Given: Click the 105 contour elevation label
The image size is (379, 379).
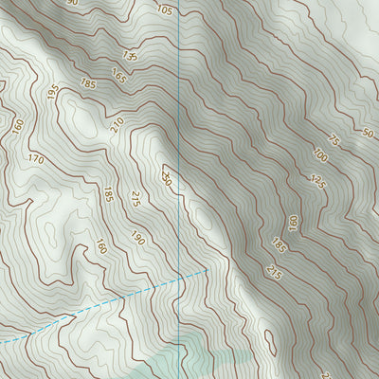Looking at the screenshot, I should [x=164, y=10].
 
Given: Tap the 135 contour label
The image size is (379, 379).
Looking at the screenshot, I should [x=131, y=57].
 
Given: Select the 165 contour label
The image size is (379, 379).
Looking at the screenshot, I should [x=118, y=75].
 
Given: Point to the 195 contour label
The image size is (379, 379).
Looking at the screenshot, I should [x=53, y=94].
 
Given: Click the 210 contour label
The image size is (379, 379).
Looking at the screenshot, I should [x=117, y=124].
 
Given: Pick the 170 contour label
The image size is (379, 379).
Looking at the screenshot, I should [x=36, y=159].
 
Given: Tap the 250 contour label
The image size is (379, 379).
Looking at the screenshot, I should [x=167, y=178].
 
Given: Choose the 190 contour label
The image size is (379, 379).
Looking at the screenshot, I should [x=137, y=239].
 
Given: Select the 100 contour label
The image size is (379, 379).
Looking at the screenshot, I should [x=318, y=154].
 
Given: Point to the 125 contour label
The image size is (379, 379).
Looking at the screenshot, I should [x=317, y=182].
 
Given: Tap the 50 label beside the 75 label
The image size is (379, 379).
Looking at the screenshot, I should [x=368, y=133].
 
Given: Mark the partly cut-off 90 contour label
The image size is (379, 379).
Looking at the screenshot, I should [x=72, y=4].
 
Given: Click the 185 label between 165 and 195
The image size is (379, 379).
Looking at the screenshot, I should [x=88, y=84].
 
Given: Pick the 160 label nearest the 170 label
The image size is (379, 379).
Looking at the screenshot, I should [x=16, y=125].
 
